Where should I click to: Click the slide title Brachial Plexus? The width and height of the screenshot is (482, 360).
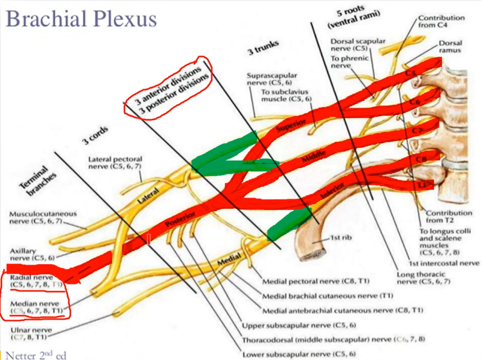[x=81, y=19]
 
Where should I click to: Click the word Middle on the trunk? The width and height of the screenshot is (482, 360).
[x=314, y=156]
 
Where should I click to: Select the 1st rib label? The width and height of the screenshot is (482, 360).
[x=341, y=238]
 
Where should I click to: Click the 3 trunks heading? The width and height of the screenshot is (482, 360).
[x=264, y=48]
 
